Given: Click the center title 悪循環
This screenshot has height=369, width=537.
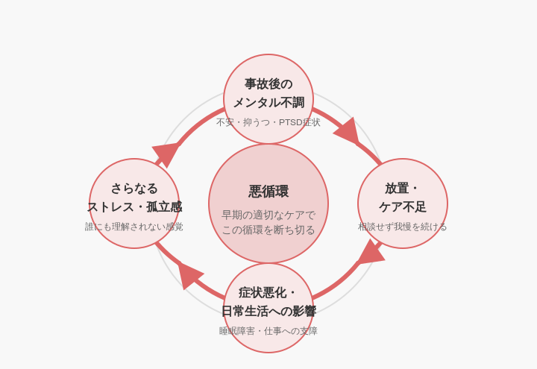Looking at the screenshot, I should pos(268,192).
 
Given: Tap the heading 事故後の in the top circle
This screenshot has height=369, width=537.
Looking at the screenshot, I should pos(268,83).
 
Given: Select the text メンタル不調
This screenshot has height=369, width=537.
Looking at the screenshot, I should pos(268,102).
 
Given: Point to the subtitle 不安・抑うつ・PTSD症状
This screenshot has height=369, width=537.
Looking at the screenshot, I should pos(268,122).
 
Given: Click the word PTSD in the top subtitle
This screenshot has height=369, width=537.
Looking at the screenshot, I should pos(291,122).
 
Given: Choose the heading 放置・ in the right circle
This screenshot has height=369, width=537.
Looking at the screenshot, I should pos(403,188).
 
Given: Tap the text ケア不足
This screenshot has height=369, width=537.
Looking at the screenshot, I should pos(403,206).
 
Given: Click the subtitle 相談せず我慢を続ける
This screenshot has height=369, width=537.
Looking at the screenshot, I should pos(403,227).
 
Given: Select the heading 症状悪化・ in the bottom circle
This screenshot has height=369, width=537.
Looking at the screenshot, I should pos(268,292).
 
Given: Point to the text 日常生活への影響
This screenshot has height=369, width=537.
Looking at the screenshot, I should pos(268,311).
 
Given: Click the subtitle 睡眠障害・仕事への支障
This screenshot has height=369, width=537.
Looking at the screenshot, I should pos(268,331).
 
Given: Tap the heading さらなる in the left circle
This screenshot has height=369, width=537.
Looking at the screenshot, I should pos(134,188).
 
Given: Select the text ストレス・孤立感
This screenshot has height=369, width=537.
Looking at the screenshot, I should pos(134,206).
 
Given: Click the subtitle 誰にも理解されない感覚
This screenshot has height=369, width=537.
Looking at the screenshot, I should pos(134,227).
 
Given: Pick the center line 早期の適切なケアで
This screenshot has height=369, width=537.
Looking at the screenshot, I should pos(268,215).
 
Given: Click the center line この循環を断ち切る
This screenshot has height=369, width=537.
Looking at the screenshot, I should pos(268,230).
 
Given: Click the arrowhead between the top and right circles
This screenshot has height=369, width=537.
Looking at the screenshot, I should pos(348,132).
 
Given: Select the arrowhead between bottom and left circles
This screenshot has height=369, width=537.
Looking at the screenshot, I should pos(189,274).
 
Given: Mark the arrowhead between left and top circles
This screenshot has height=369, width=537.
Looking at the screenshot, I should pos(166,153).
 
